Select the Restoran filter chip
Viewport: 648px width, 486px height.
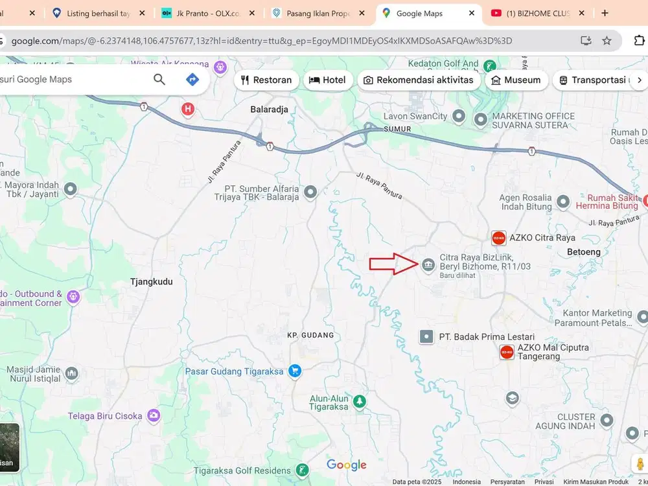point(266,80)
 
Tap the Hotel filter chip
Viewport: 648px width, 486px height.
point(329,80)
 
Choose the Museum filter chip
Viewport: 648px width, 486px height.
point(516,80)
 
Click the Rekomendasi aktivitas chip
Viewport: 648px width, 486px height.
point(419,80)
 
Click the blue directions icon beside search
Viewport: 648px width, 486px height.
point(192,80)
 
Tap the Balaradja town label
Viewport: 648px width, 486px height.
point(269,110)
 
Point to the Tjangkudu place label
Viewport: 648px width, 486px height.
point(151,282)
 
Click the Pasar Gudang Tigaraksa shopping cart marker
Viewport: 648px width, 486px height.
point(295,371)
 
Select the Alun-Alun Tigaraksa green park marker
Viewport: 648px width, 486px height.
point(358,402)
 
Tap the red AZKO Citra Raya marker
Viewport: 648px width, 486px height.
point(498,238)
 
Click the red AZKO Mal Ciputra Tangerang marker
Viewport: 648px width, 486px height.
point(507,352)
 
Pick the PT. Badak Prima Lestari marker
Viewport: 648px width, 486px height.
point(426,336)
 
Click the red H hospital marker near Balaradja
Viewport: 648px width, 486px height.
point(188,109)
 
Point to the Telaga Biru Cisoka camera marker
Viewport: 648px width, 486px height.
point(154,415)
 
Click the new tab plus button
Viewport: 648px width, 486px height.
point(605,13)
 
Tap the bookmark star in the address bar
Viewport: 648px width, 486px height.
point(607,41)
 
